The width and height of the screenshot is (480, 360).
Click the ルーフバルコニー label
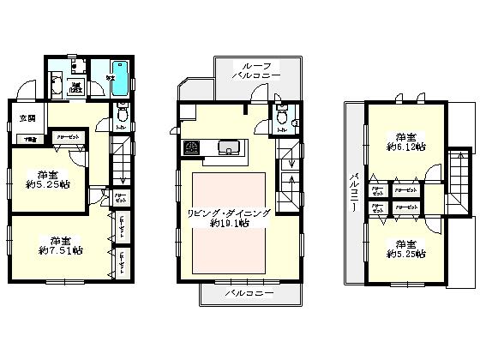(x=257, y=69)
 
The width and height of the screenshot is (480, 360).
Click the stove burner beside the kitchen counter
(x=191, y=147)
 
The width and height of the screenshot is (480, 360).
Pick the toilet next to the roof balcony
(x=279, y=122)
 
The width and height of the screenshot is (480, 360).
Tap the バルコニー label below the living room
(x=249, y=293)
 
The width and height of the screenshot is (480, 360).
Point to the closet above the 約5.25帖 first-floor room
(x=68, y=136)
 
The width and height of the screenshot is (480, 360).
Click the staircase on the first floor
(x=120, y=163)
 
